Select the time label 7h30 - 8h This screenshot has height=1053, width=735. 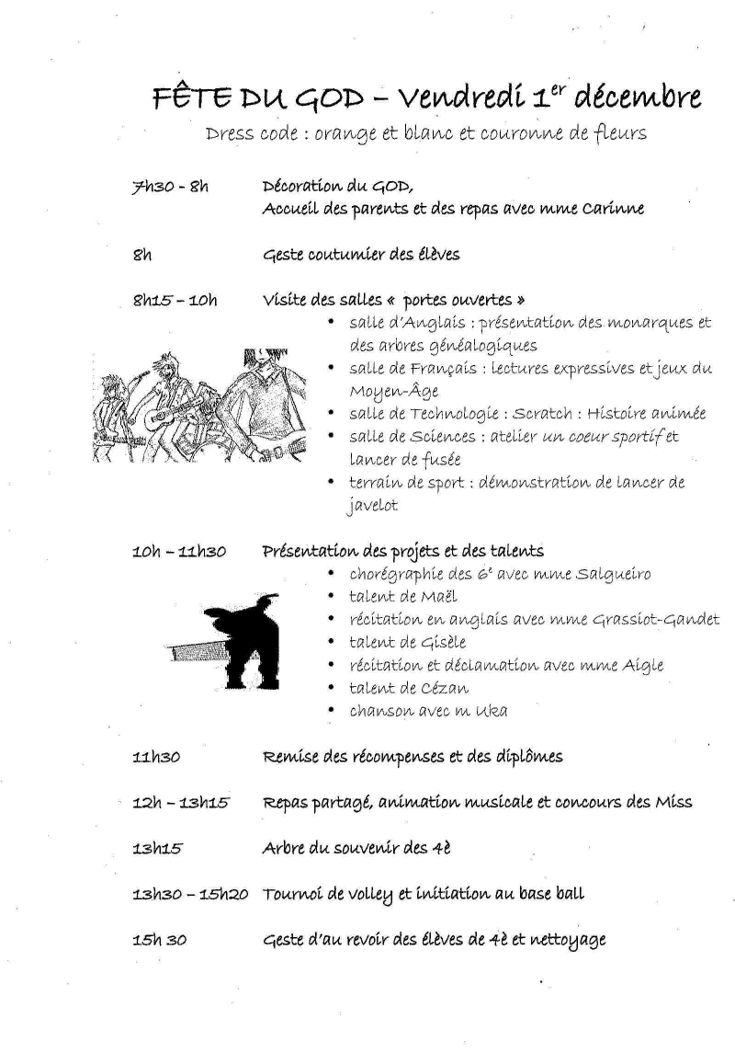pos(171,187)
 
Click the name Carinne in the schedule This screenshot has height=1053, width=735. pos(613,209)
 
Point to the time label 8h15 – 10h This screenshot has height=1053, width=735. pos(175,299)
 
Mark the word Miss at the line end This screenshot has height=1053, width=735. pos(673,803)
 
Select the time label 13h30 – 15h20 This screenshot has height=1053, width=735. pos(190,894)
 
